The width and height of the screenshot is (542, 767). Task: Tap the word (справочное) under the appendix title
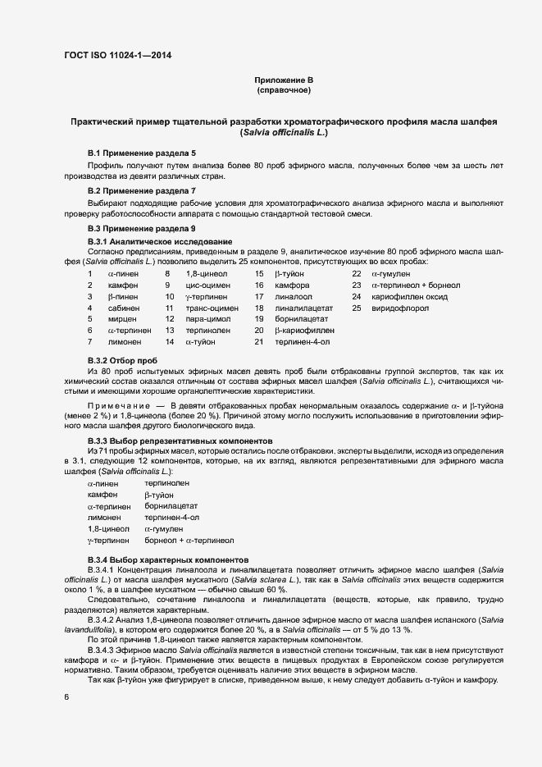pyautogui.click(x=284, y=89)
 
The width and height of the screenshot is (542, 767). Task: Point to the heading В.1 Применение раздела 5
pyautogui.click(x=142, y=153)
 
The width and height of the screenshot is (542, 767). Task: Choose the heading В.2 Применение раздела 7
pyautogui.click(x=142, y=190)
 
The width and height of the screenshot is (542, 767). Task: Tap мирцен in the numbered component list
pyautogui.click(x=121, y=319)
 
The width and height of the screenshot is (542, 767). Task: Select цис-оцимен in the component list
pyautogui.click(x=208, y=285)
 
